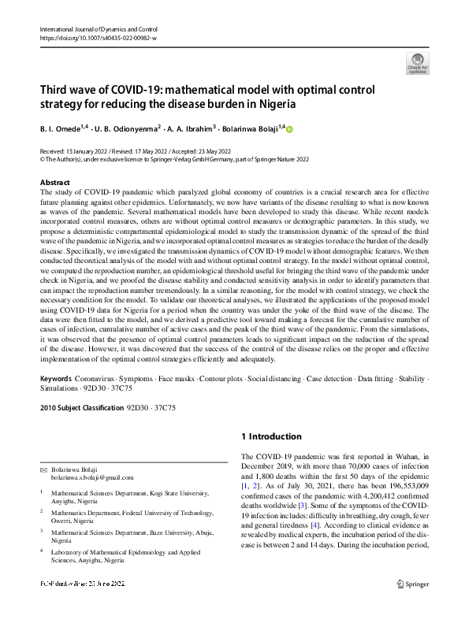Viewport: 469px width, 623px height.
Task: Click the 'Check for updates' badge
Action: point(417,62)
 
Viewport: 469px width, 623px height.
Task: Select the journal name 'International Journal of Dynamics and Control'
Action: point(92,28)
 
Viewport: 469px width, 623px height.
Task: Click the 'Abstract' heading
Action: point(54,183)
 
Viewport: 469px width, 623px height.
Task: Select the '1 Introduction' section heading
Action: point(271,436)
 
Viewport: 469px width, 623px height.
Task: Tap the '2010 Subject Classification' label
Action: point(81,409)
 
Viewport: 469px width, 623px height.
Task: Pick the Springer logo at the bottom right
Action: point(413,606)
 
